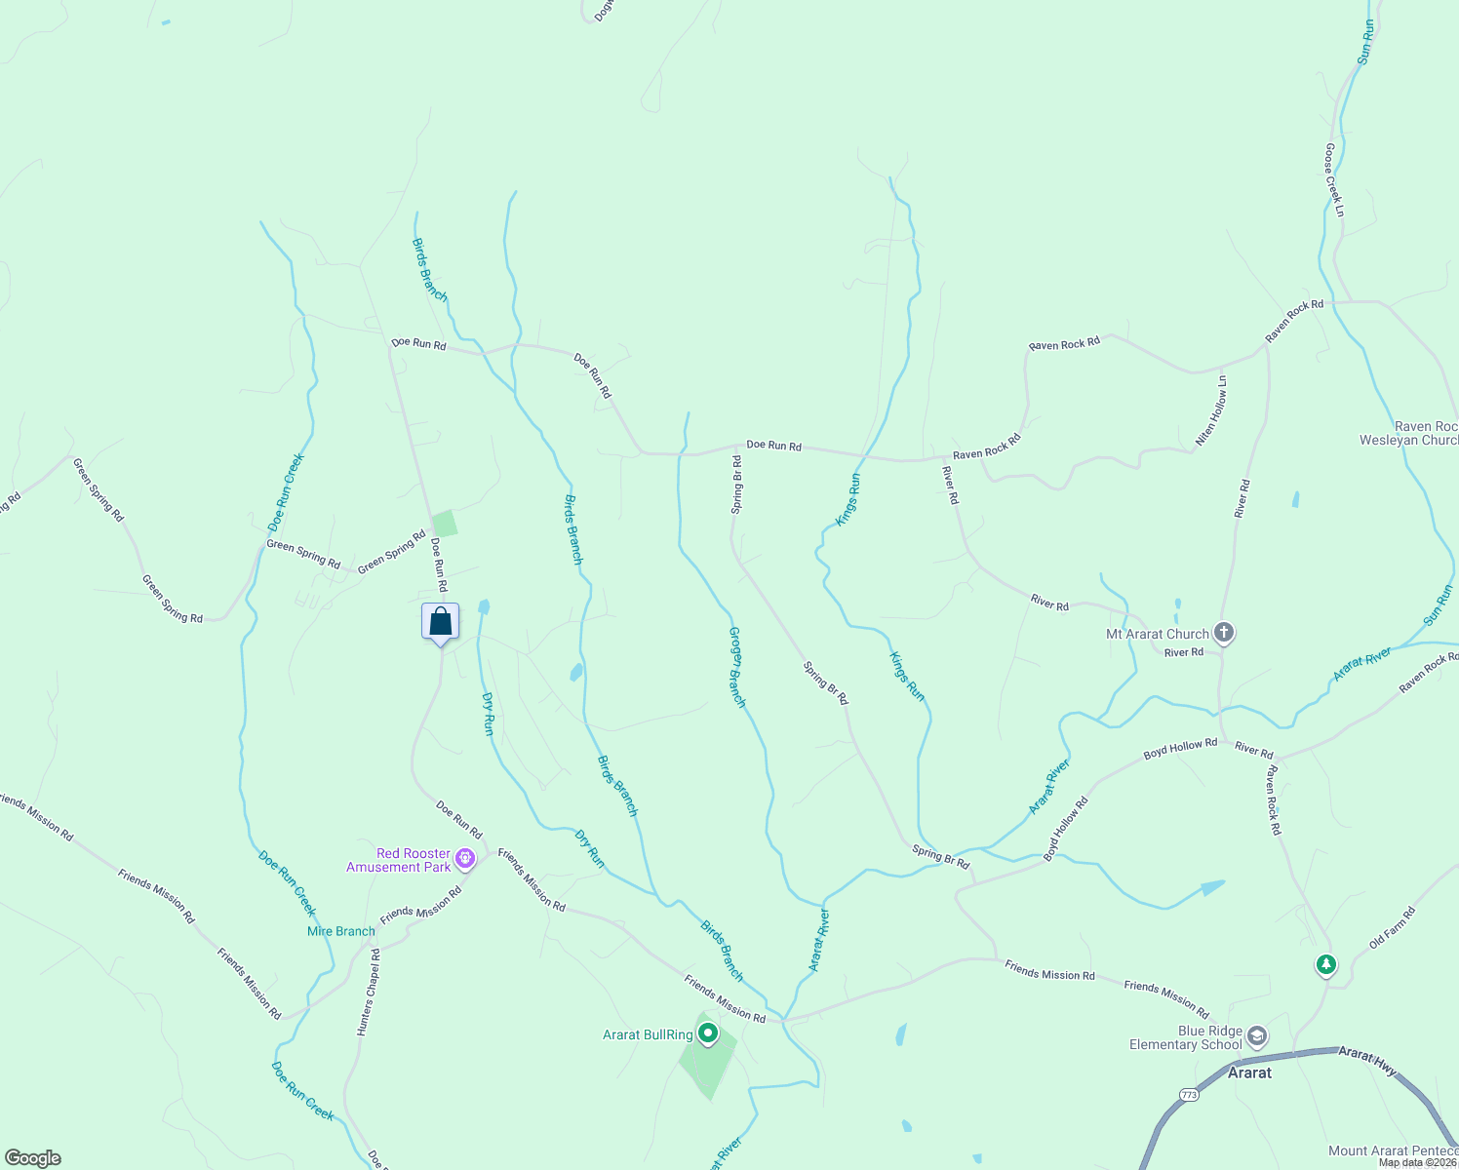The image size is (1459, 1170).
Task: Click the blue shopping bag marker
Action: [440, 622]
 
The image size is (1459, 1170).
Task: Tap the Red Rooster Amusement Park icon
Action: [465, 859]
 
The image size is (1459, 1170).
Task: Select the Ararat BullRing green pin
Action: [708, 1033]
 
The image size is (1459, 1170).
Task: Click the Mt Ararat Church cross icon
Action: [1224, 633]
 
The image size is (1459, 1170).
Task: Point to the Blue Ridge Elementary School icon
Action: [1257, 1036]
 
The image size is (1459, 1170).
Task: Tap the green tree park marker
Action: [1325, 965]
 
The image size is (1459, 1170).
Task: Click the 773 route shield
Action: [1188, 1095]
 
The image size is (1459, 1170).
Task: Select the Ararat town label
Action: [1249, 1072]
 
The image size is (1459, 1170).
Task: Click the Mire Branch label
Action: [341, 931]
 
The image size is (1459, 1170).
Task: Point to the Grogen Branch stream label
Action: [737, 667]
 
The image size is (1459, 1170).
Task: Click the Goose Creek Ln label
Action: [1334, 180]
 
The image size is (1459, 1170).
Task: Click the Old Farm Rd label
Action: [1392, 927]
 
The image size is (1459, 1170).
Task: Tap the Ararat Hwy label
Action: [1366, 1060]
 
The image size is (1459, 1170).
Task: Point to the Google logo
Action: [32, 1158]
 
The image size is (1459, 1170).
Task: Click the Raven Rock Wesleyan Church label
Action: [1410, 434]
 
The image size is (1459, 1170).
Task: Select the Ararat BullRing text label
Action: [648, 1035]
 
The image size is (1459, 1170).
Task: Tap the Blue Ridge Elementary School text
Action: [1186, 1037]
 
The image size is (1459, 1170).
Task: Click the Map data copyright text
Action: [1417, 1162]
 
